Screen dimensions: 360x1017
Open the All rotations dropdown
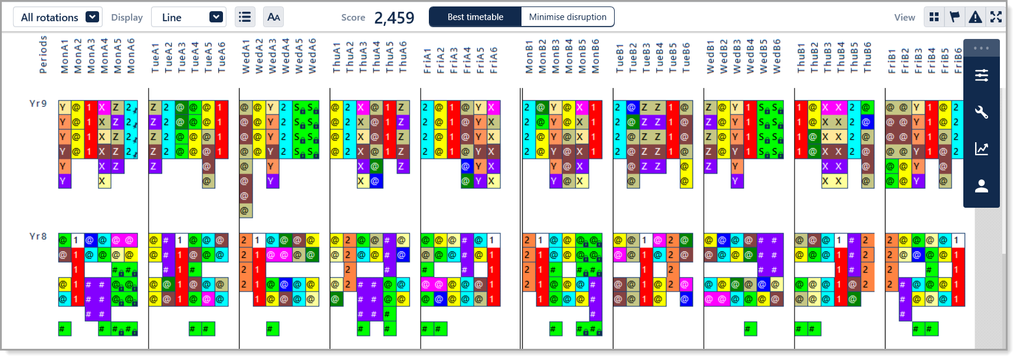(58, 17)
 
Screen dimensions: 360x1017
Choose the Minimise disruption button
(567, 17)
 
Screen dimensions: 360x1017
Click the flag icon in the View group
(954, 17)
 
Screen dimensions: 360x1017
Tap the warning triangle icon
(975, 17)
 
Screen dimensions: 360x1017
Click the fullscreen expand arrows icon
(996, 17)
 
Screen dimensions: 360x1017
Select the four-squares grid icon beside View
(934, 17)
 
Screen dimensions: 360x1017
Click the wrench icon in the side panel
(982, 112)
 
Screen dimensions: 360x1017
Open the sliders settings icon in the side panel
(982, 76)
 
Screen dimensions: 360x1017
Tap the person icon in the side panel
(982, 186)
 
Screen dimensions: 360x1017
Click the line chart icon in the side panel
(982, 149)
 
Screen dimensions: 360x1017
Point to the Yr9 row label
(38, 104)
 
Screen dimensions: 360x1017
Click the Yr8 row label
(38, 237)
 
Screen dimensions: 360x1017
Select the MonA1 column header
(65, 57)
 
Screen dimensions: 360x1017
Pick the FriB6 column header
(958, 60)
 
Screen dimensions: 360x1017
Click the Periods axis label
(43, 54)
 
